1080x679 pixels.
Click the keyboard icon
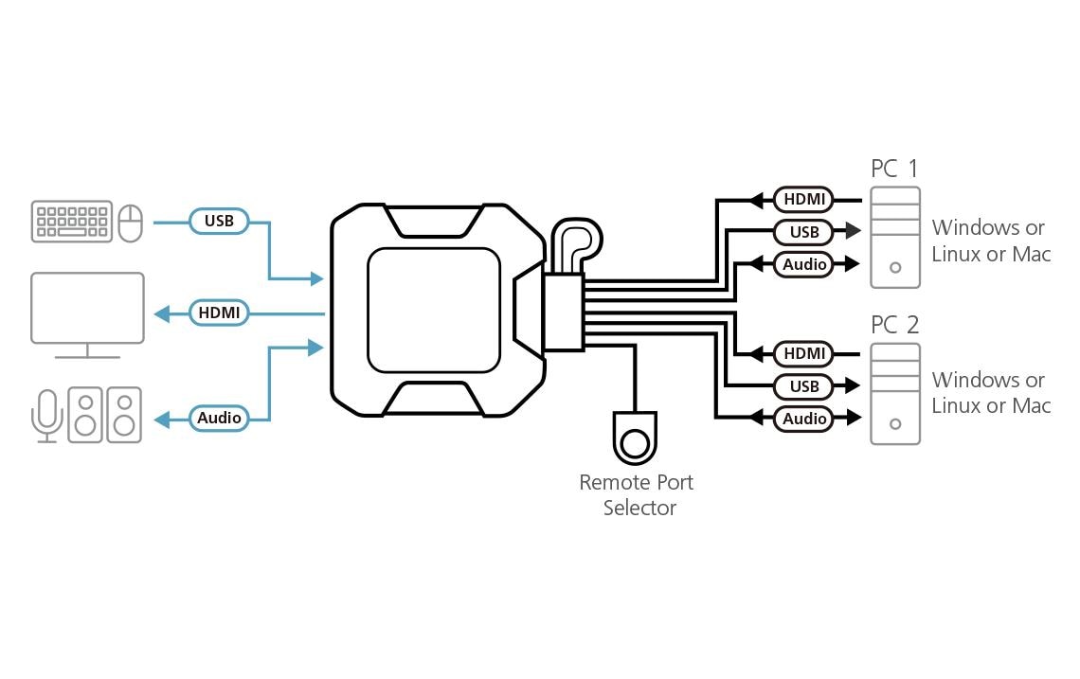point(71,221)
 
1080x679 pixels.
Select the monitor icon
point(87,311)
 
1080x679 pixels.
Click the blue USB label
point(219,222)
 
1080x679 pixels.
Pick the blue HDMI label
point(219,313)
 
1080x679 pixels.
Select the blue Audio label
point(219,418)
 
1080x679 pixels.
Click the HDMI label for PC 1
point(803,200)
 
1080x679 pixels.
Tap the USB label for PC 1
point(803,232)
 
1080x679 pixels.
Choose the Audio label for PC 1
point(803,264)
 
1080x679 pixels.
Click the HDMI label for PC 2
point(803,354)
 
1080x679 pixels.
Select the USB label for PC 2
point(803,386)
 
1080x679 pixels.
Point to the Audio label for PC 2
point(803,419)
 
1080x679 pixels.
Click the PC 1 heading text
point(894,169)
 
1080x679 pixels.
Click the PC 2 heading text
point(894,325)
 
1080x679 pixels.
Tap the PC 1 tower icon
point(895,238)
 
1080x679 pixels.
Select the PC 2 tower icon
point(895,394)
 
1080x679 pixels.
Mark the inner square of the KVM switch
point(433,311)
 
